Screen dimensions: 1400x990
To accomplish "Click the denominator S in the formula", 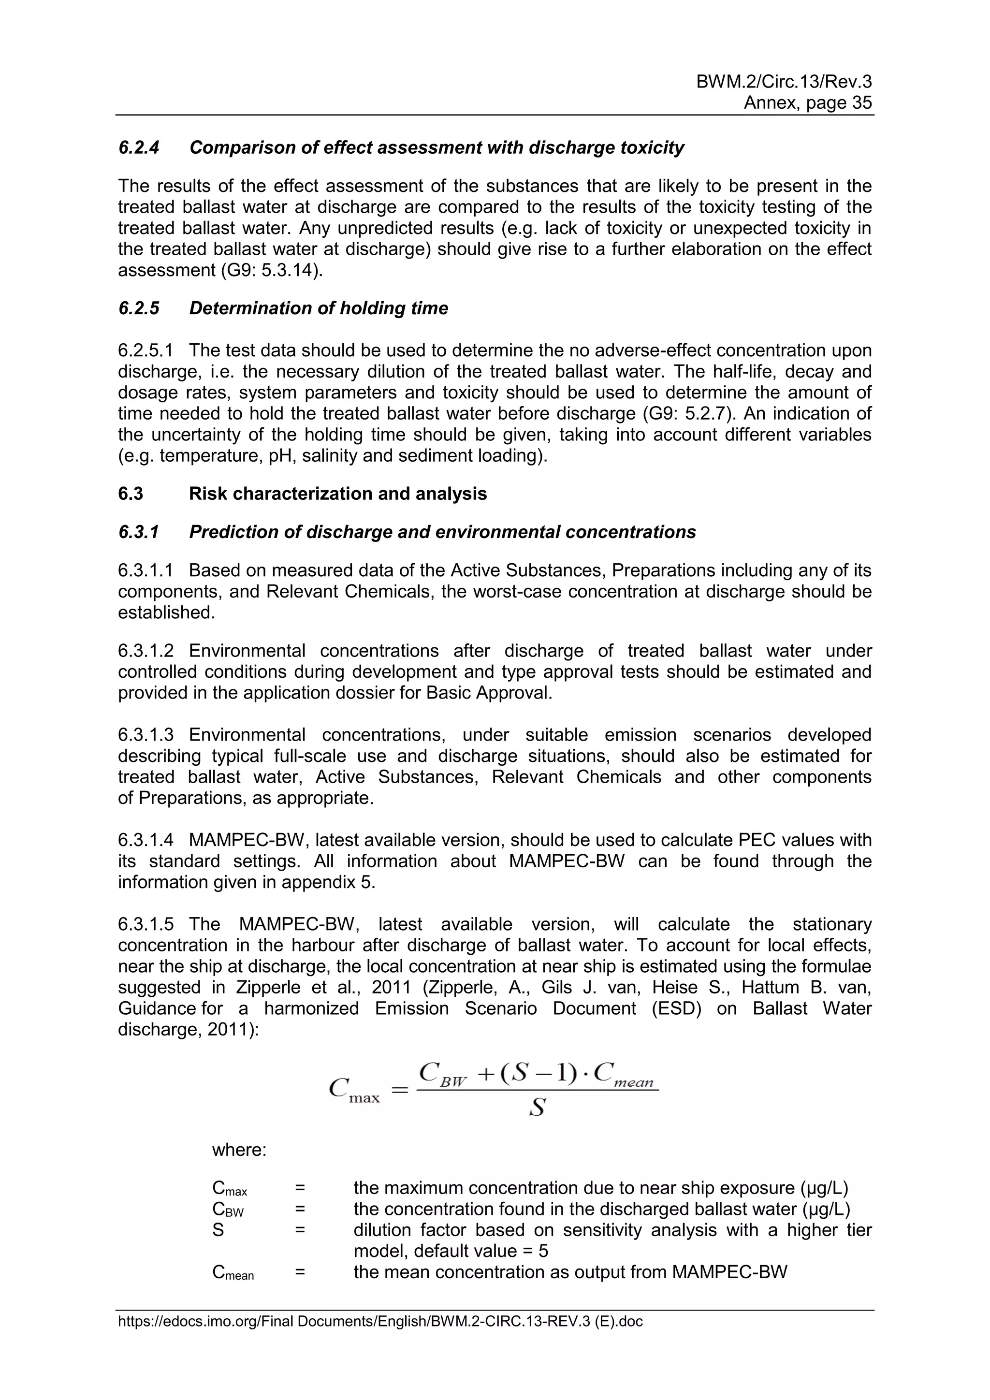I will pos(537,1108).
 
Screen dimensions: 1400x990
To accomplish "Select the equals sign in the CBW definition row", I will pos(300,1209).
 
